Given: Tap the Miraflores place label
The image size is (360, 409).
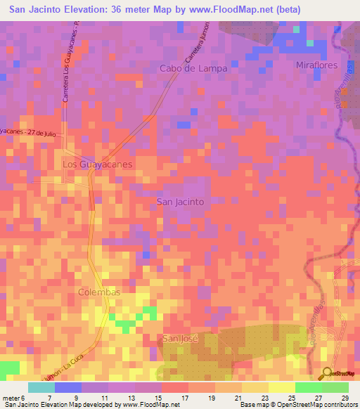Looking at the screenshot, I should pyautogui.click(x=317, y=65).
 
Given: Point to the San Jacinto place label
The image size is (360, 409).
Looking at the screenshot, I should pyautogui.click(x=180, y=201).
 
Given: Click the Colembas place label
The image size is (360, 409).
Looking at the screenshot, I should pyautogui.click(x=99, y=292).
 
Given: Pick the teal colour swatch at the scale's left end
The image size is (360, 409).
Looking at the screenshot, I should pyautogui.click(x=41, y=387).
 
